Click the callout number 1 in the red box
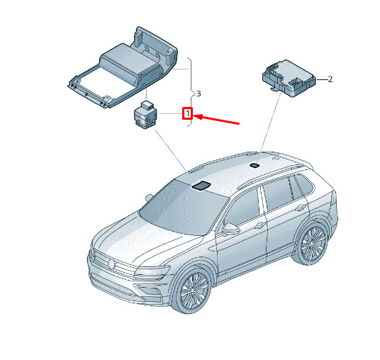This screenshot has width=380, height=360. click(x=187, y=113)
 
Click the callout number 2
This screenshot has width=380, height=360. click(x=330, y=79)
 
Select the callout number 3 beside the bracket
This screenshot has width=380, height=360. click(x=199, y=94)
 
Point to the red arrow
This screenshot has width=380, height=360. click(x=216, y=120)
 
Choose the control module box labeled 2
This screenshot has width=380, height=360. click(x=289, y=78)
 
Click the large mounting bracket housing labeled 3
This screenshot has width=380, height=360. click(x=123, y=67)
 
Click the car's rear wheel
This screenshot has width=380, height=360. click(x=312, y=244)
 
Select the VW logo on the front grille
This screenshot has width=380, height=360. click(x=111, y=264)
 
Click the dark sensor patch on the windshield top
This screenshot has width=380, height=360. click(x=201, y=185)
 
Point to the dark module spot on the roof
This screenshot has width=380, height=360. click(x=255, y=165)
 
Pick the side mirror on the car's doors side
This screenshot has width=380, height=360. click(x=230, y=229)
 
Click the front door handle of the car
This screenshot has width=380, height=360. click(x=259, y=225)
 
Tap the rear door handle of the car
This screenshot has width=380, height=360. click(x=301, y=208)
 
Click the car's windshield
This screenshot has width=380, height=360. click(x=184, y=208)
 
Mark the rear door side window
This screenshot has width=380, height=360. click(x=278, y=193)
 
